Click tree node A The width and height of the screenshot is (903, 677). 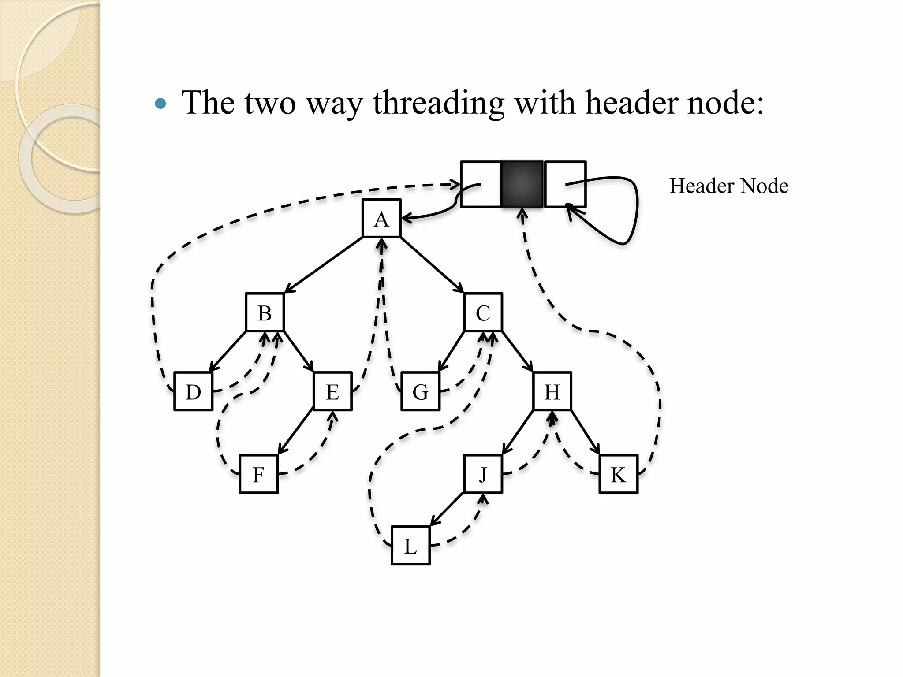pyautogui.click(x=381, y=219)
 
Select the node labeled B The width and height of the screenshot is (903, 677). pyautogui.click(x=265, y=312)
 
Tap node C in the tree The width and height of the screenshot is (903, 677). pyautogui.click(x=483, y=312)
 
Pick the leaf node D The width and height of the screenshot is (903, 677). pyautogui.click(x=194, y=391)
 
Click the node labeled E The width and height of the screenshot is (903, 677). pyautogui.click(x=332, y=391)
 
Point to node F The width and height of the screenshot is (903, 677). pyautogui.click(x=259, y=474)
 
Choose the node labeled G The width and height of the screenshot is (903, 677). pyautogui.click(x=421, y=391)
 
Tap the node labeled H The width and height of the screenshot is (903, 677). pyautogui.click(x=552, y=391)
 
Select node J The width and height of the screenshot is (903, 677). pyautogui.click(x=483, y=474)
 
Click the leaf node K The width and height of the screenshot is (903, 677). pyautogui.click(x=619, y=474)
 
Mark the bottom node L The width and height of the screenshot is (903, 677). pyautogui.click(x=410, y=546)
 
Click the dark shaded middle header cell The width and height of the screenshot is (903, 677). pyautogui.click(x=522, y=184)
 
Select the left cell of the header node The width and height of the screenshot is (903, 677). pyautogui.click(x=481, y=184)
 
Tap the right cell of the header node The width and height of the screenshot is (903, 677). pyautogui.click(x=565, y=184)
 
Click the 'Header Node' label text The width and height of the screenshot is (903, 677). pyautogui.click(x=728, y=186)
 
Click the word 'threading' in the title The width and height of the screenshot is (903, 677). pyautogui.click(x=438, y=103)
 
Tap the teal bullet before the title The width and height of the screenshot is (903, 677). pyautogui.click(x=161, y=104)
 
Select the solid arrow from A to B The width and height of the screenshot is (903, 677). pyautogui.click(x=324, y=265)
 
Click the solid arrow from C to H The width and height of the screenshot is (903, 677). pyautogui.click(x=517, y=351)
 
